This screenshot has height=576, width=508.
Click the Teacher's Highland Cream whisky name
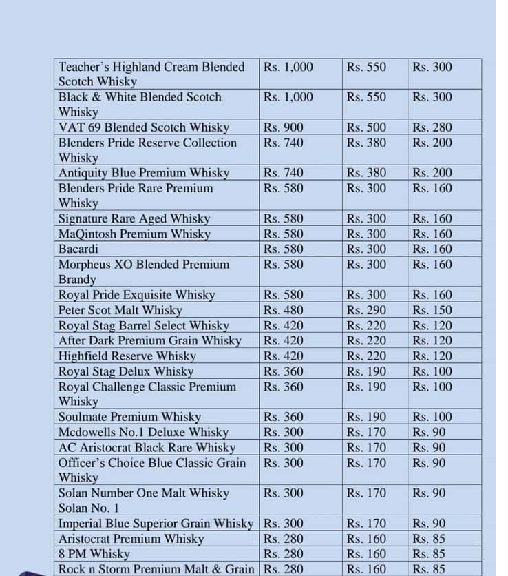[x=151, y=74]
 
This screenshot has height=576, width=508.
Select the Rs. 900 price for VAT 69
[x=283, y=127]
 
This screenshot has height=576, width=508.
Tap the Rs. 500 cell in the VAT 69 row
[x=367, y=127]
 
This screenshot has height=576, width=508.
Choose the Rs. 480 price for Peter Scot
[x=283, y=310]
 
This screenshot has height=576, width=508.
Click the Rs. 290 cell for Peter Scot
[x=367, y=310]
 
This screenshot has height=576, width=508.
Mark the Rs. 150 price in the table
[x=432, y=310]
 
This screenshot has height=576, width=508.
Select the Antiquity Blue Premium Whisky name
[x=144, y=173]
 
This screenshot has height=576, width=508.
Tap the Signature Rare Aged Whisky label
[x=134, y=218]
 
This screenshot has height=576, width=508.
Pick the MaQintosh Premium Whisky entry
[x=134, y=234]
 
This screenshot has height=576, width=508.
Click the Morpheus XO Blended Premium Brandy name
[x=144, y=271]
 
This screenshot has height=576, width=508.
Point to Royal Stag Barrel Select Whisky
[x=144, y=325]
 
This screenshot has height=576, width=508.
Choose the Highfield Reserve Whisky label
[x=127, y=356]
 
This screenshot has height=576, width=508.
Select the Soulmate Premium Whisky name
[x=129, y=417]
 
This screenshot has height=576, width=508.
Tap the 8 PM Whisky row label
[x=94, y=554]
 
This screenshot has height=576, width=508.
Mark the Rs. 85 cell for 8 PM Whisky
[x=429, y=554]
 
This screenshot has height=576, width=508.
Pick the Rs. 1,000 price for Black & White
[x=288, y=97]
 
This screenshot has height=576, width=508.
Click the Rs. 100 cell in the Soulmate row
[x=432, y=417]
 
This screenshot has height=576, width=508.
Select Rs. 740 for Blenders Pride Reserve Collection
[x=283, y=143]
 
